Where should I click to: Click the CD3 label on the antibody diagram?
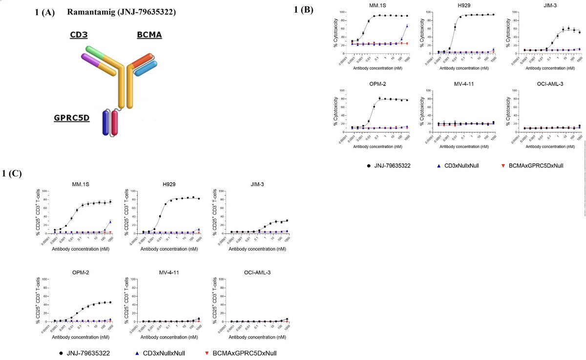[79, 35]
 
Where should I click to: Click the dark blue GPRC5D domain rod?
[106, 122]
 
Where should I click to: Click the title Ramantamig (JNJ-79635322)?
[122, 12]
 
